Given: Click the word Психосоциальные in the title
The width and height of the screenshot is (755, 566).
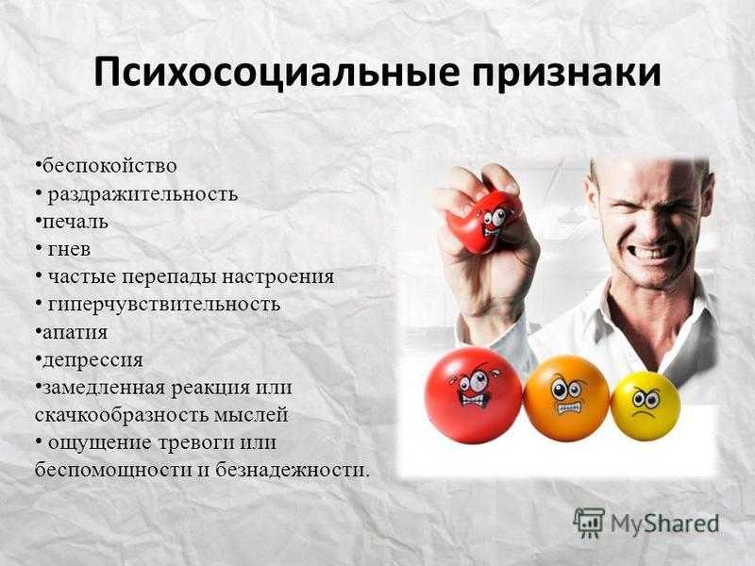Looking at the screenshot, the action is click(276, 73).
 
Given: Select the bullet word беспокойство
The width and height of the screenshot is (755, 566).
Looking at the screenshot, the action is click(109, 166).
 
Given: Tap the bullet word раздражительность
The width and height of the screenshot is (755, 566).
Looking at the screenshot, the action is click(143, 194).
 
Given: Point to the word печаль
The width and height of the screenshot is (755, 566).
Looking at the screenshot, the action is click(75, 222).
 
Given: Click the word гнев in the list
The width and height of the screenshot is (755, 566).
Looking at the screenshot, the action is click(69, 249).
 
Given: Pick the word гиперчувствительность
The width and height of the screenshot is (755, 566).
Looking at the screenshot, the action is click(164, 305).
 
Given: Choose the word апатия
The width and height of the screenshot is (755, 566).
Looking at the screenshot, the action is click(75, 332).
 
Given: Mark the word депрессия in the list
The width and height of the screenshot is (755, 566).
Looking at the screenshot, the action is click(92, 360).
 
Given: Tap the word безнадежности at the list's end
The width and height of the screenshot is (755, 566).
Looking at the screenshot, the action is click(292, 470).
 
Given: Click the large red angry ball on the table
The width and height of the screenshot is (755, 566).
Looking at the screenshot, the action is click(473, 395).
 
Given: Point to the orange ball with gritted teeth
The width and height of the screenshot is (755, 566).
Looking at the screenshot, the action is click(567, 397).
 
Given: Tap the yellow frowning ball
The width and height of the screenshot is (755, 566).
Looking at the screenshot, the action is click(646, 406).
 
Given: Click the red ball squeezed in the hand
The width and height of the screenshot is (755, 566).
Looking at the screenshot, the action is click(483, 222).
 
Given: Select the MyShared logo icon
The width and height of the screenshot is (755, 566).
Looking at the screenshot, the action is click(588, 523).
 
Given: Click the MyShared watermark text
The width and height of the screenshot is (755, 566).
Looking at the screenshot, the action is click(664, 524).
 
